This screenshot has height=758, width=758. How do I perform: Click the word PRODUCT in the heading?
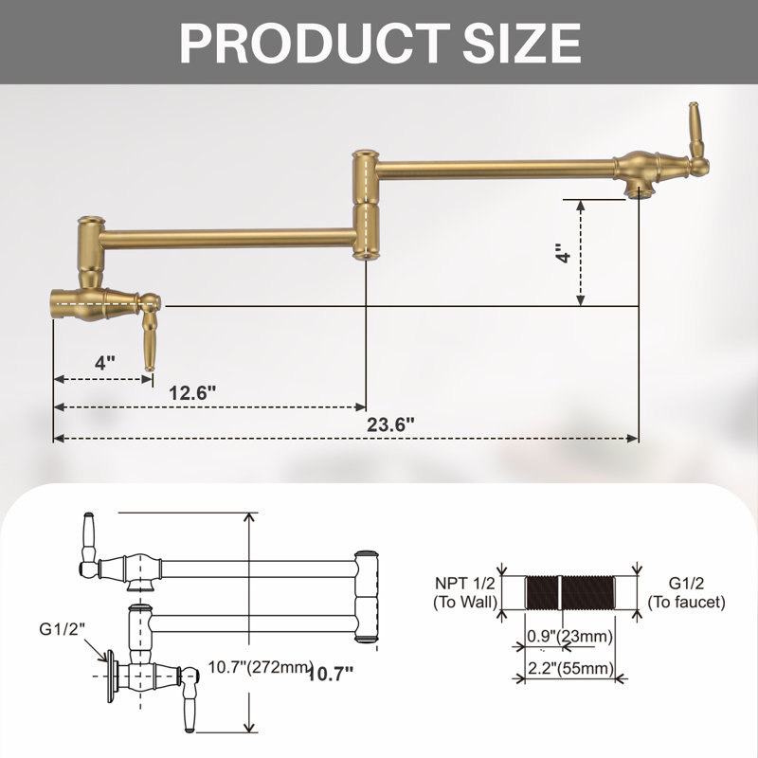(x=316, y=43)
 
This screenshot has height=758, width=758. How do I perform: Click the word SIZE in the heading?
(x=522, y=43)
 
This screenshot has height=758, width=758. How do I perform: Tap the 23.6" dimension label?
(x=390, y=424)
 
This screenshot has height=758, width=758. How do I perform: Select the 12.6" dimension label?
(x=192, y=392)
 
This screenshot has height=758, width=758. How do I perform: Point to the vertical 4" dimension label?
(x=564, y=253)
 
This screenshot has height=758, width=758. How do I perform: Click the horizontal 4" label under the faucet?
(x=105, y=362)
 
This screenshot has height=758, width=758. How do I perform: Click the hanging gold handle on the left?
(x=150, y=341)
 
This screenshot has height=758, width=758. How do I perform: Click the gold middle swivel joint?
(x=366, y=205)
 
